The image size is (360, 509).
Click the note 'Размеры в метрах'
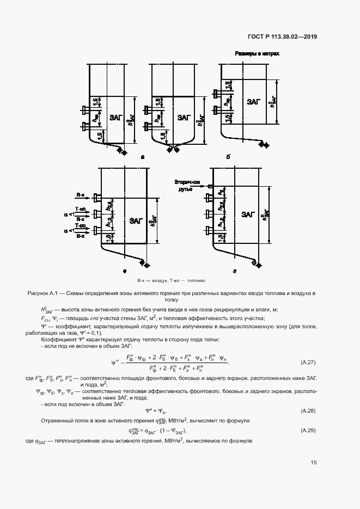(x=257, y=54)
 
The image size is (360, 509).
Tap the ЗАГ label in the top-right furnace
(x=253, y=101)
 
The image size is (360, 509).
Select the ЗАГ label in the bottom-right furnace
(x=248, y=214)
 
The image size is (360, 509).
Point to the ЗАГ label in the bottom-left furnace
(x=137, y=221)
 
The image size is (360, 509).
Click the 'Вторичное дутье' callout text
(x=187, y=185)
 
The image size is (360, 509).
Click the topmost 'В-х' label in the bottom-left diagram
(x=80, y=195)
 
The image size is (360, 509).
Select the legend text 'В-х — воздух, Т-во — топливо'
(x=171, y=280)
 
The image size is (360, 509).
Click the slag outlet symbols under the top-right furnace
(x=264, y=144)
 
